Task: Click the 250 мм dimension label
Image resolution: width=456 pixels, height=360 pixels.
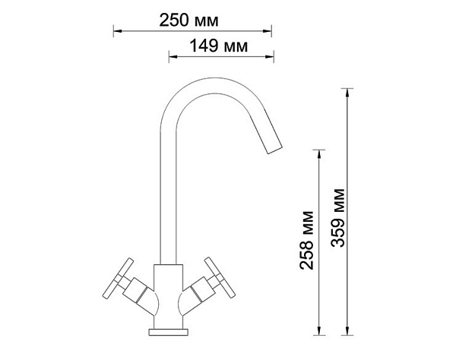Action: [x=188, y=21]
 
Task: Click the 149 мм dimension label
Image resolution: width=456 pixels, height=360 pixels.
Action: [x=219, y=46]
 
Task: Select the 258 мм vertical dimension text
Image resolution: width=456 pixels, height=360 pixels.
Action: [x=307, y=240]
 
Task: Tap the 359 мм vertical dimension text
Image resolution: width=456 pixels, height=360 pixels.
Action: [x=338, y=218]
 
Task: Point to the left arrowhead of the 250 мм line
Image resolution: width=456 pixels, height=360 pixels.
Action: [x=117, y=30]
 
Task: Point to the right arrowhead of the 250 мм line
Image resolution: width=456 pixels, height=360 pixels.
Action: [x=268, y=30]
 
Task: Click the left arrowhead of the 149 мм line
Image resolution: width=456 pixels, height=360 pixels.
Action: [x=173, y=56]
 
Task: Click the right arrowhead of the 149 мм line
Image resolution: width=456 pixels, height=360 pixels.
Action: [x=270, y=56]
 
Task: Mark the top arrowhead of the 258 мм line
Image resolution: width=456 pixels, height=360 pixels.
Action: [x=319, y=154]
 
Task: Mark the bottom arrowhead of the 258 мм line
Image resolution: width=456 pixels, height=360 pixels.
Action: [x=319, y=331]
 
